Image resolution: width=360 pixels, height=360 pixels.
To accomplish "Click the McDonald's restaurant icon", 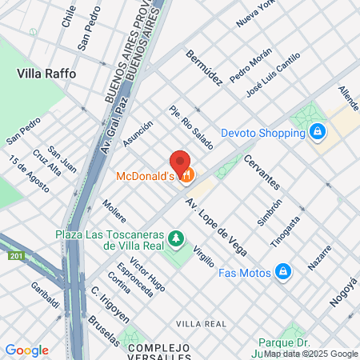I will [186, 175].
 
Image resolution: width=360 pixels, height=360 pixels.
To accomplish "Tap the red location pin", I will [180, 163].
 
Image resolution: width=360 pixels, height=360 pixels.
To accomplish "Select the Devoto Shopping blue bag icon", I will [318, 130].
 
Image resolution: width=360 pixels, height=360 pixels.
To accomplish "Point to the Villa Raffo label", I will [46, 73].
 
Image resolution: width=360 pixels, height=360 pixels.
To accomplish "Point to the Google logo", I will [26, 350].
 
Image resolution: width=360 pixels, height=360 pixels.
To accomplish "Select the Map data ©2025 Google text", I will [311, 354].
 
